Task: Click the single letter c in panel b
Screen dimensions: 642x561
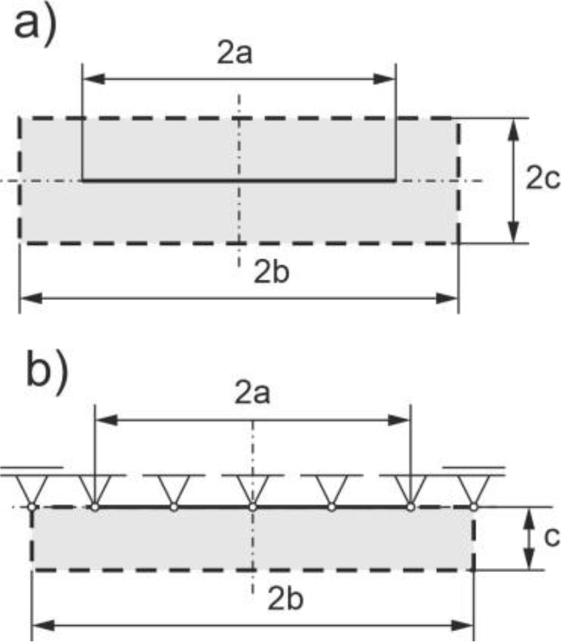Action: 551,537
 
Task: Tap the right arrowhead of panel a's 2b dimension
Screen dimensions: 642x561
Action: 448,297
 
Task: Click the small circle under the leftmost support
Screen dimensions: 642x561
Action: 33,506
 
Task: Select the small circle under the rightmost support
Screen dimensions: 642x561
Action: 473,506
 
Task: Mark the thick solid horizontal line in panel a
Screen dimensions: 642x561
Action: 238,181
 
